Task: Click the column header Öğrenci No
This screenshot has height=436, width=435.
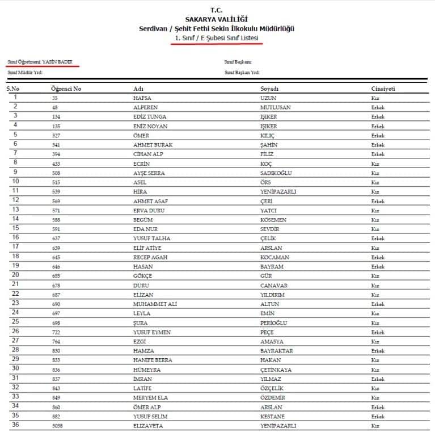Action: [x=66, y=89]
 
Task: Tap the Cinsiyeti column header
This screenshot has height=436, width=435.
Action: [x=383, y=89]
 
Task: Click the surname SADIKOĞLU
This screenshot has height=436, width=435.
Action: [x=276, y=173]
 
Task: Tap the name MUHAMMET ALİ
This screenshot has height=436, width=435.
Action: [x=155, y=304]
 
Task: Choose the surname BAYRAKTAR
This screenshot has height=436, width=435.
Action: [x=276, y=351]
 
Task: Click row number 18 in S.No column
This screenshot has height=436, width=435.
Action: [x=15, y=257]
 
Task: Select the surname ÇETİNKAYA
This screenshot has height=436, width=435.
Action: [x=276, y=370]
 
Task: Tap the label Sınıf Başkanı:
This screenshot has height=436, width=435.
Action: [x=238, y=61]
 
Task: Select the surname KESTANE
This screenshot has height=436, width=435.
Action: [x=272, y=416]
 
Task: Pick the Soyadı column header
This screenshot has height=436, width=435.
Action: [x=269, y=89]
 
